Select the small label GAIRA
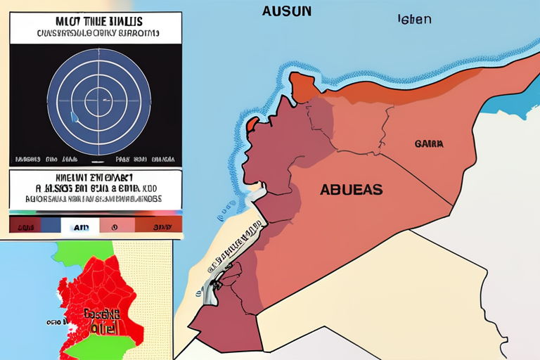428,143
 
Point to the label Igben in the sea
414,19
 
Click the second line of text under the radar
96,188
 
